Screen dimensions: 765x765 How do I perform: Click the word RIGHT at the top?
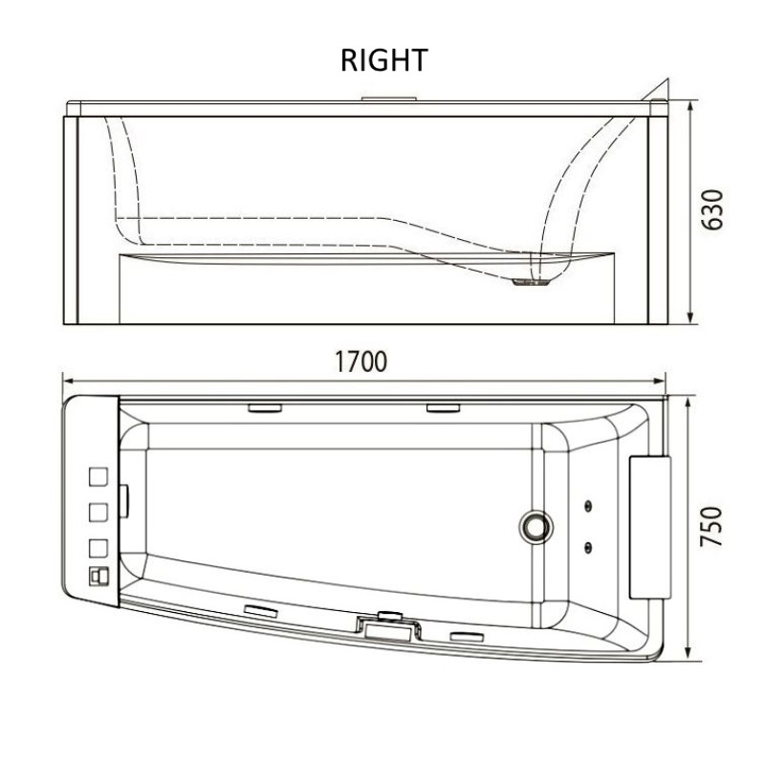coord(384,60)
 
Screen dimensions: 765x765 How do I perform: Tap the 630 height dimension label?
coord(711,209)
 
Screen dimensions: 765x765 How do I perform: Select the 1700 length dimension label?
coord(361,361)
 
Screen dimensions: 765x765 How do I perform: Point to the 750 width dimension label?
coord(711,527)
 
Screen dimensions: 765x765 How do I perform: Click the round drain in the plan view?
coord(535,526)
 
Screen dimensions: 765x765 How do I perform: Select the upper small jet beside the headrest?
coord(589,506)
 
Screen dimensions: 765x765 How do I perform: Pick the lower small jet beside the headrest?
coord(589,546)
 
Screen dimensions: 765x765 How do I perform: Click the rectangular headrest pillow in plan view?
coord(650,527)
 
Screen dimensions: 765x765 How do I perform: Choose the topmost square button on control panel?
coord(98,476)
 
